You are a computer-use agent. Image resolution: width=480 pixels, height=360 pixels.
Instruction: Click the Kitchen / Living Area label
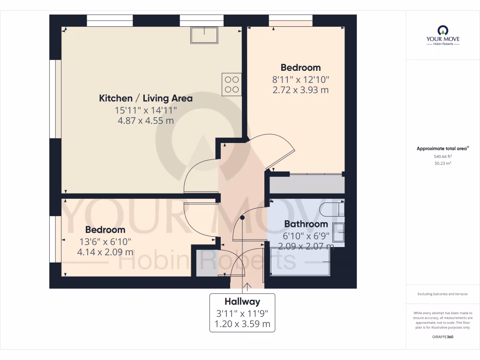[x=145, y=98]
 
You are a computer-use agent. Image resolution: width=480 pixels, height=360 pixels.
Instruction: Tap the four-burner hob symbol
[x=232, y=85]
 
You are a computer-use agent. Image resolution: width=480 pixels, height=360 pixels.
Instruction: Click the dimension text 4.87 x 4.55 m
[x=145, y=120]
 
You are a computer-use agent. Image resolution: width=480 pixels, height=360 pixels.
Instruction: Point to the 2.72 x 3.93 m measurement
[x=300, y=90]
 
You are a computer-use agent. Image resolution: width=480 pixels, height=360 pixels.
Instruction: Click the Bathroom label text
[x=306, y=224]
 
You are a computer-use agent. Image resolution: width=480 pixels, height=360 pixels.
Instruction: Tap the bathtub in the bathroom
[x=300, y=262]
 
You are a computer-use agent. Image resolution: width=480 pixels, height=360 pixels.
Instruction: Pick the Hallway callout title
[x=242, y=301]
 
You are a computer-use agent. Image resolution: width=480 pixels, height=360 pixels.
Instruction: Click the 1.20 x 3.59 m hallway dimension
[x=242, y=323]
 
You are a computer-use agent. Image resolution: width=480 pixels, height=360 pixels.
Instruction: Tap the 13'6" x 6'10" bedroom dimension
[x=105, y=241]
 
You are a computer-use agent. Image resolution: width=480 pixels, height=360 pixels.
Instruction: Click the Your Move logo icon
[x=442, y=30]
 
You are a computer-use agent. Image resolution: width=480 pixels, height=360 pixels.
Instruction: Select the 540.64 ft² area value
[x=442, y=157]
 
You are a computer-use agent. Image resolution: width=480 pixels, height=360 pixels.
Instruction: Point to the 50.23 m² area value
[x=442, y=164]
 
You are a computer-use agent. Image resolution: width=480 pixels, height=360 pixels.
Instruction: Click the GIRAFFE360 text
[x=442, y=337]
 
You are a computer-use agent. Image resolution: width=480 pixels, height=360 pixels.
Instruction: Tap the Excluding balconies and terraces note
[x=442, y=294]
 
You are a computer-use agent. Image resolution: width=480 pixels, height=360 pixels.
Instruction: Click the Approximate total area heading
[x=442, y=149]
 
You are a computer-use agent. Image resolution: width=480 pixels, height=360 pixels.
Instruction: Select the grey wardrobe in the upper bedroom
[x=307, y=184]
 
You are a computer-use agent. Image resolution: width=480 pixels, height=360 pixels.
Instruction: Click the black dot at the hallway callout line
[x=242, y=217]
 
